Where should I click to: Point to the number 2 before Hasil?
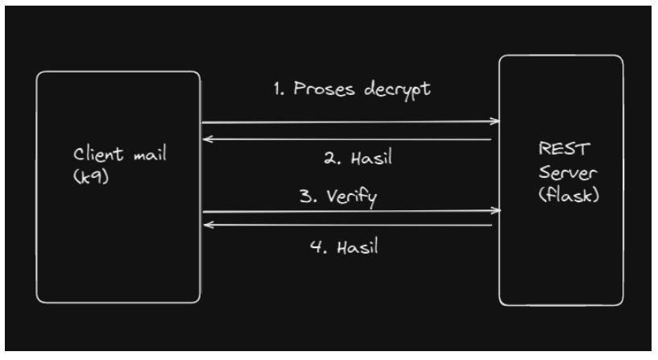(x=329, y=159)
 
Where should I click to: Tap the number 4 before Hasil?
(x=316, y=246)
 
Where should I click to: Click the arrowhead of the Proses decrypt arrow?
(x=495, y=122)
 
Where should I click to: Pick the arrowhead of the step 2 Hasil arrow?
(x=206, y=139)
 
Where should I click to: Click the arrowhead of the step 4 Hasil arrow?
(x=206, y=226)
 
